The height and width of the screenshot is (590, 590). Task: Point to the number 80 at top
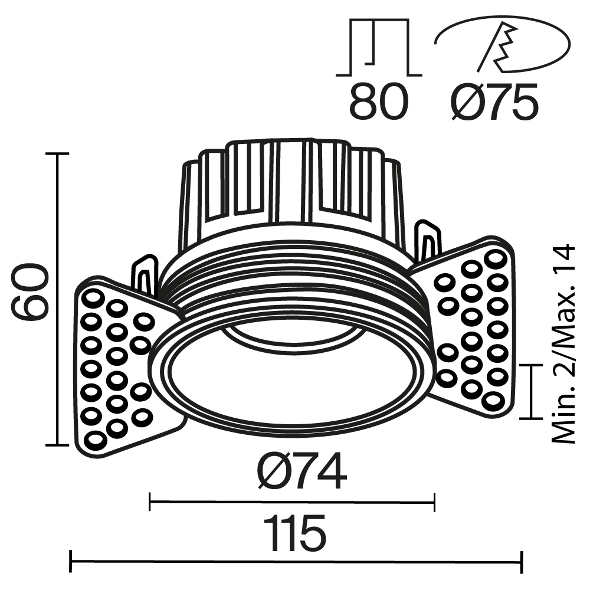(x=379, y=101)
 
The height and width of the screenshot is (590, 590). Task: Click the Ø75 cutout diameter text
(x=494, y=101)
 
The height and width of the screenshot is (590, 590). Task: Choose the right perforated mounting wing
(x=472, y=327)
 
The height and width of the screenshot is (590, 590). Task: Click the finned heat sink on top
(x=292, y=189)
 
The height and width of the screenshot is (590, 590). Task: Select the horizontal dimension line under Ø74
(x=292, y=503)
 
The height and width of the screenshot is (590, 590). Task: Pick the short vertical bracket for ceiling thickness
(x=532, y=391)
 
